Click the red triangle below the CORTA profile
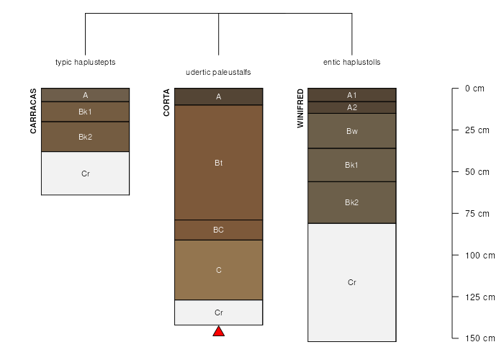click(x=219, y=331)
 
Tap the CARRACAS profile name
click(x=33, y=111)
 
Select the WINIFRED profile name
click(x=300, y=108)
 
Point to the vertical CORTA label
click(x=166, y=102)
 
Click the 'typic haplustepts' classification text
click(x=85, y=62)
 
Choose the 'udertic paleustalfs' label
click(x=218, y=72)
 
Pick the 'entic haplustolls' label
click(x=351, y=62)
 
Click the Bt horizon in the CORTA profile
click(x=219, y=162)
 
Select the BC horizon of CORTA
click(x=219, y=230)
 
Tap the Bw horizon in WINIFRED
click(x=352, y=131)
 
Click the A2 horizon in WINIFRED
click(x=352, y=107)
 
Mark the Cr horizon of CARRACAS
click(x=85, y=174)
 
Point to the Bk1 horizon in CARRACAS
click(x=85, y=112)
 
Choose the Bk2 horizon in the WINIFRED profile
click(x=352, y=202)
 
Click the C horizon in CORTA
click(x=219, y=270)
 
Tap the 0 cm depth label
click(x=474, y=89)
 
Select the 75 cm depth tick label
click(x=477, y=213)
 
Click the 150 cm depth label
click(x=480, y=338)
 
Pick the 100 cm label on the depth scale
click(x=480, y=255)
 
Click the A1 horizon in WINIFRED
click(x=352, y=95)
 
